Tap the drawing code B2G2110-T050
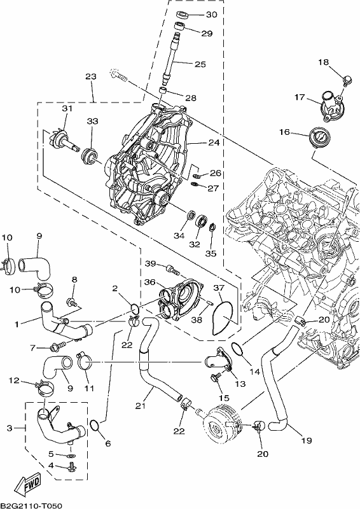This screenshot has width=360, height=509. coord(31,505)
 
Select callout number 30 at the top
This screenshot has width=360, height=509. coord(211,15)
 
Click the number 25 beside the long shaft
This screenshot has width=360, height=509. coord(200,64)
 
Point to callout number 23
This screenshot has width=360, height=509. coord(91,76)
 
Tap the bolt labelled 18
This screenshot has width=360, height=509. coord(347,81)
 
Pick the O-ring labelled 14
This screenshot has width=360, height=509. coord(237,349)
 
